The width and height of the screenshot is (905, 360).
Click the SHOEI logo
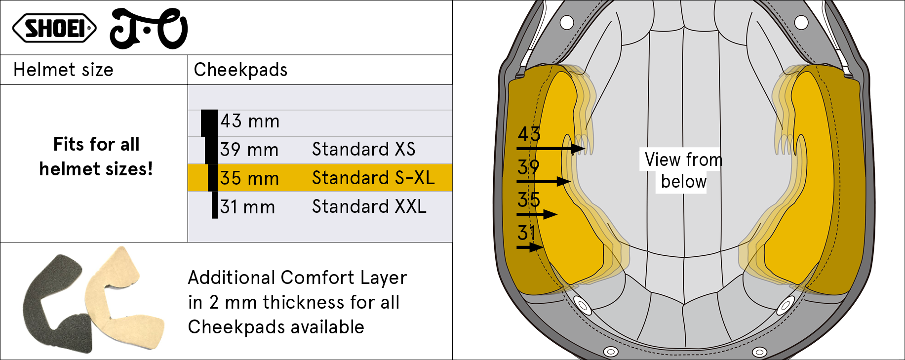54,28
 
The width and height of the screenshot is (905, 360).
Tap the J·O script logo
148,29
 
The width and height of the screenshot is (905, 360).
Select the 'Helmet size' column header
63,70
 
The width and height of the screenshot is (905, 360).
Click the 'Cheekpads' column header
240,70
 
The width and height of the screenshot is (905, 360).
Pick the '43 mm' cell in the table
250,121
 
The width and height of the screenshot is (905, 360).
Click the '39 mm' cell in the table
249,150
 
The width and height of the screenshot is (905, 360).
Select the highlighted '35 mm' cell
249,178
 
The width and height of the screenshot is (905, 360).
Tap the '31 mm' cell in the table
247,207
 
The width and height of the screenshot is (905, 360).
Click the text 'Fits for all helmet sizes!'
96,157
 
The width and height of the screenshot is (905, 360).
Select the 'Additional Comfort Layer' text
298,278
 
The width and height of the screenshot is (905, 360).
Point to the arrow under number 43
551,148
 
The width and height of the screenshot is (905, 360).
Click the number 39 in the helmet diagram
528,167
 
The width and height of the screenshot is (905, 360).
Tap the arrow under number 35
537,214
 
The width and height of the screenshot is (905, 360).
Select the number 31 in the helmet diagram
527,233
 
